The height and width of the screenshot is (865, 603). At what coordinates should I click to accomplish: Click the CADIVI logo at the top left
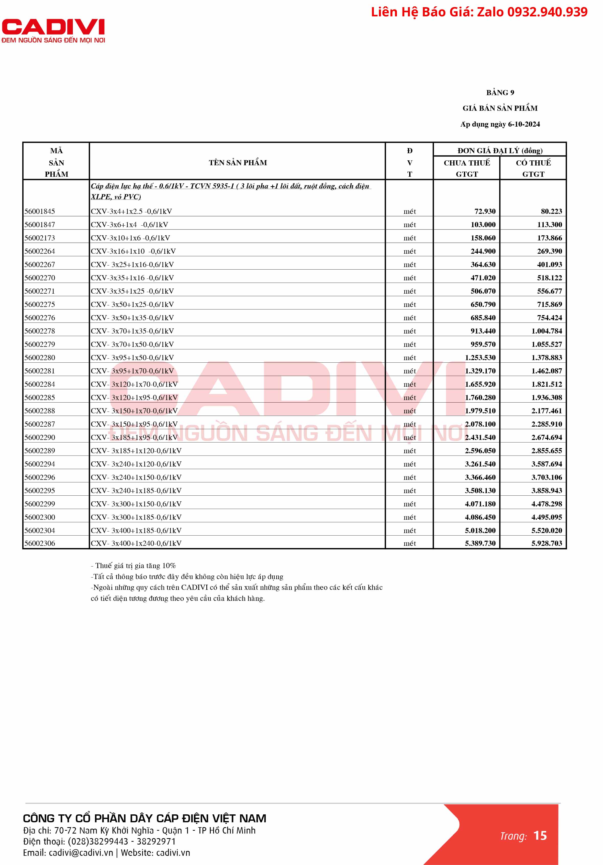click(53, 30)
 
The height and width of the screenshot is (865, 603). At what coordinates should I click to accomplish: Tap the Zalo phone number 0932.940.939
click(547, 12)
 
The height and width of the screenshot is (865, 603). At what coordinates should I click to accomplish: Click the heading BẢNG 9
click(500, 93)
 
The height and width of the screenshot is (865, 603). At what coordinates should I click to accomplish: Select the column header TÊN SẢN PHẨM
click(238, 163)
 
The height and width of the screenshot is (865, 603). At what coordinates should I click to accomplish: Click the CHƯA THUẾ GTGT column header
click(467, 168)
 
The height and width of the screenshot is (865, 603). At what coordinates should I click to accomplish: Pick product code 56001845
click(40, 211)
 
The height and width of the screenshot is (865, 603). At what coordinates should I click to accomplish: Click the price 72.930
click(485, 211)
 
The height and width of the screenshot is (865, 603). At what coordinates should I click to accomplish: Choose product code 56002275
click(40, 304)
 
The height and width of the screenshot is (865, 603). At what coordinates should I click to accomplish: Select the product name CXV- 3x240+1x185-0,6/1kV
click(136, 491)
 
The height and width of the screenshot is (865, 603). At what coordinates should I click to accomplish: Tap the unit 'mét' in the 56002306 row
click(409, 543)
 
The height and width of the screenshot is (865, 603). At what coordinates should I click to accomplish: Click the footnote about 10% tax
click(133, 565)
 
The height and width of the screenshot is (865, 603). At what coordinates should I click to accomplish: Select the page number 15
click(540, 836)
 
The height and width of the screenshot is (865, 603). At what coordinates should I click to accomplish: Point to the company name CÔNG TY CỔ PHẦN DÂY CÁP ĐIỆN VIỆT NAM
click(145, 818)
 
